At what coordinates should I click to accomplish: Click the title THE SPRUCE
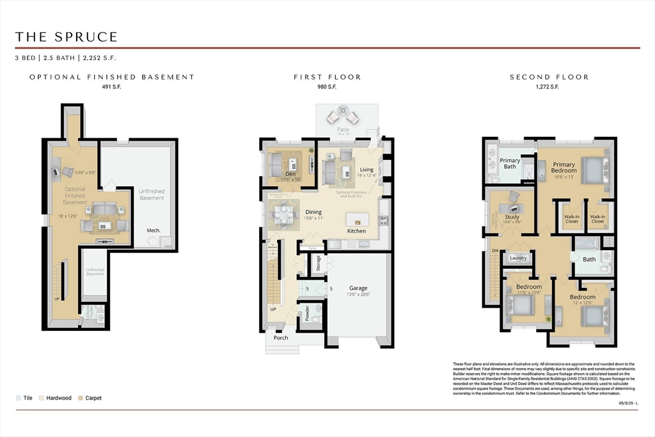click(67, 36)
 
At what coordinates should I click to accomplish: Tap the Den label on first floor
click(290, 174)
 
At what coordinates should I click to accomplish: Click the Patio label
click(343, 129)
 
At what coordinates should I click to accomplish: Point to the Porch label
click(281, 338)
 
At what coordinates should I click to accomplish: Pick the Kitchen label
click(356, 230)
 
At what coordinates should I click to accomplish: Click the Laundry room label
click(518, 258)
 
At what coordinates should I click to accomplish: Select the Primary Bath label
click(510, 164)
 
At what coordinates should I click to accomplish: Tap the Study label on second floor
click(512, 217)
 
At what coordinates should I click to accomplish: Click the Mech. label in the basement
click(154, 230)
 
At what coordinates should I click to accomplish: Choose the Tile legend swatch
click(19, 398)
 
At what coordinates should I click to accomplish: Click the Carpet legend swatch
click(81, 398)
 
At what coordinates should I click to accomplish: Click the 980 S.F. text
click(327, 87)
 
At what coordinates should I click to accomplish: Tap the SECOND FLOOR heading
click(549, 77)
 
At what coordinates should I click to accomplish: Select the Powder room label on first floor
click(307, 314)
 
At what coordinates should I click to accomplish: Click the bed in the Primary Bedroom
click(592, 171)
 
